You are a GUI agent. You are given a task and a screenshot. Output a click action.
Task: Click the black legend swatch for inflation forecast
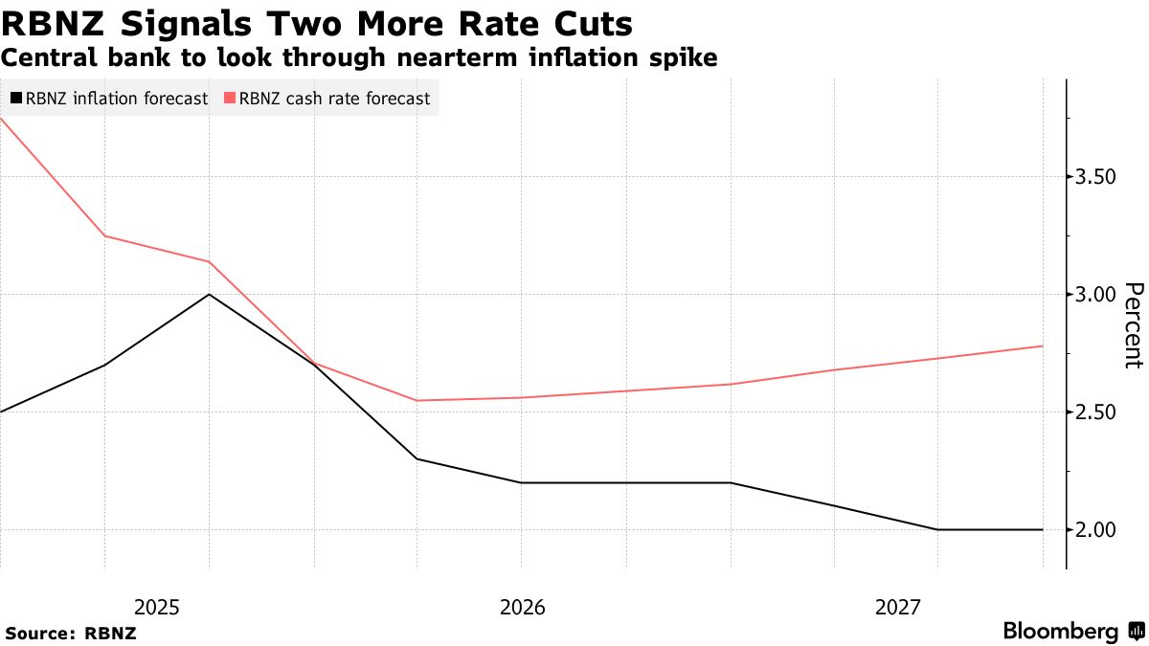pos(16,98)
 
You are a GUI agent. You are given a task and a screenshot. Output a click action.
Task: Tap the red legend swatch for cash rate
pos(230,98)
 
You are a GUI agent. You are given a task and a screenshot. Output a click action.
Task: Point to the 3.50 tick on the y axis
pos(1095,177)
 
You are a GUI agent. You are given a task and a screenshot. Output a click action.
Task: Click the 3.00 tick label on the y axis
pos(1095,295)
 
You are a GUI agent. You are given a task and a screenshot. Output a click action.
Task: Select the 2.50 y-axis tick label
pos(1095,412)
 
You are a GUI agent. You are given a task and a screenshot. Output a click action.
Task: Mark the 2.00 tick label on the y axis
pos(1095,530)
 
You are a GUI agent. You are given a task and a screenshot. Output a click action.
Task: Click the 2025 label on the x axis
pos(157,607)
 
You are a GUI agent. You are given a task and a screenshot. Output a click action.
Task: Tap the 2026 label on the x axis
pos(522,607)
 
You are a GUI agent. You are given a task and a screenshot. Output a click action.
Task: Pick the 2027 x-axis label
pos(897,607)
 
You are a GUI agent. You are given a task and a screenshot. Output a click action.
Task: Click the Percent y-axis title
pos(1134,325)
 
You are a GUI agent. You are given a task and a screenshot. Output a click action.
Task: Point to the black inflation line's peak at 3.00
pos(209,294)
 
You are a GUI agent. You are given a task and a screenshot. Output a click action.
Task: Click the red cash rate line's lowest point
pos(417,400)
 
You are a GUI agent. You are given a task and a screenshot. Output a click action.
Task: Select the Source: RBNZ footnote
pos(71,633)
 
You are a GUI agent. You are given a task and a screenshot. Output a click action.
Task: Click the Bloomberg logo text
pos(1061,632)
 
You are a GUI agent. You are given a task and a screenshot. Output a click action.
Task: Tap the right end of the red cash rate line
pos(1042,346)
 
